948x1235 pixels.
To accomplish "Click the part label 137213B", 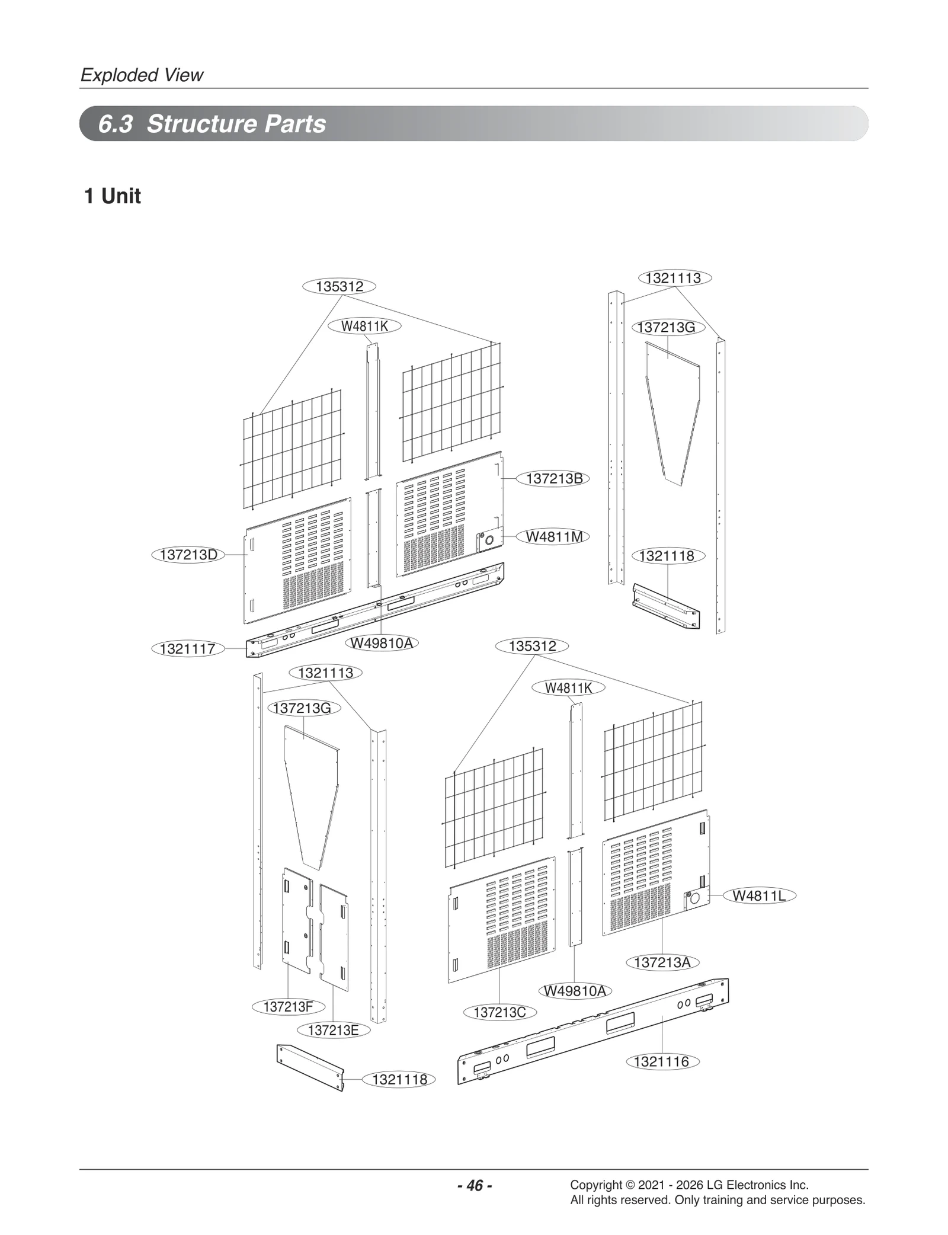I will click(554, 479).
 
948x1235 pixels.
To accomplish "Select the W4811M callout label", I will click(555, 537).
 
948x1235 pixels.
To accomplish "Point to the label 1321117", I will click(188, 649).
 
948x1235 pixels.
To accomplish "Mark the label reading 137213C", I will click(499, 1012).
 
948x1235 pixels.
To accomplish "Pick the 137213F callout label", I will click(288, 1006).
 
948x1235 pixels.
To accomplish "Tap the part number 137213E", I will click(334, 1030).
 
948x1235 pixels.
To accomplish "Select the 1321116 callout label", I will click(662, 1061).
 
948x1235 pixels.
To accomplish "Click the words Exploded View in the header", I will click(142, 75).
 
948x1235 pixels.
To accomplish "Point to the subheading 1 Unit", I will click(113, 196).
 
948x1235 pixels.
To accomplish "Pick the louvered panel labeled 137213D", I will click(296, 560).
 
